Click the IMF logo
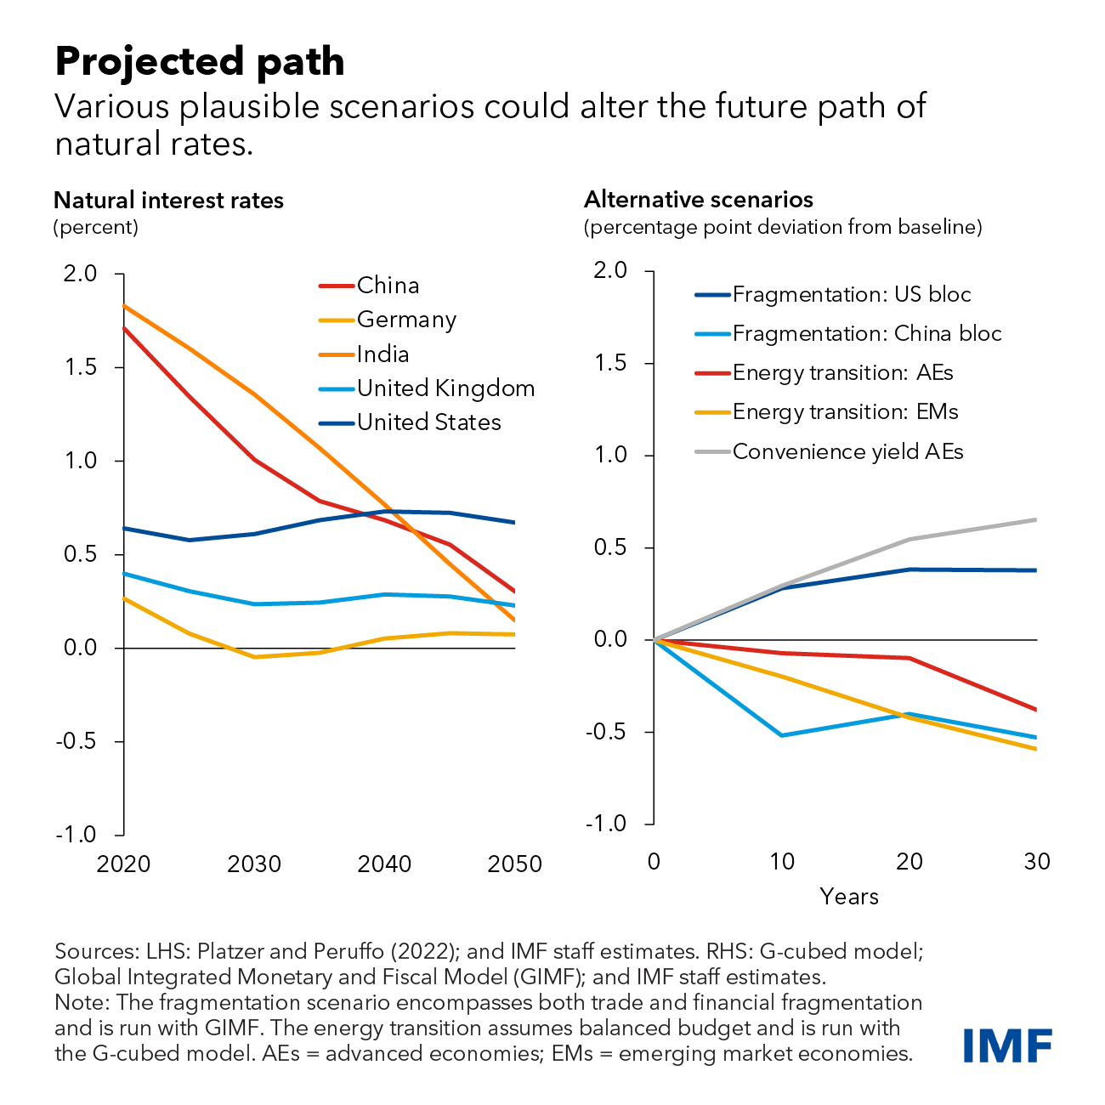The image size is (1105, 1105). point(1007,1045)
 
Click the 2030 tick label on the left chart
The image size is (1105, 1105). point(254,864)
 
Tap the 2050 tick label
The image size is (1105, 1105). point(514,864)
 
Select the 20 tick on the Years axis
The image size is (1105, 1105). point(909,862)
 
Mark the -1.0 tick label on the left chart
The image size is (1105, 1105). point(76,835)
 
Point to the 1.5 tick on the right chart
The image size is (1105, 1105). point(611,364)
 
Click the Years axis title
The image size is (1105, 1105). point(849,897)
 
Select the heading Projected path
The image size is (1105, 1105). point(200,61)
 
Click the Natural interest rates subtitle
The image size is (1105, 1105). point(168,201)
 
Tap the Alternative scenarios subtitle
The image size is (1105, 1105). point(699,200)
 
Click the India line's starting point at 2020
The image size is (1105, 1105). point(124,305)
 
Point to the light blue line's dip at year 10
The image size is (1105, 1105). point(781,735)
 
